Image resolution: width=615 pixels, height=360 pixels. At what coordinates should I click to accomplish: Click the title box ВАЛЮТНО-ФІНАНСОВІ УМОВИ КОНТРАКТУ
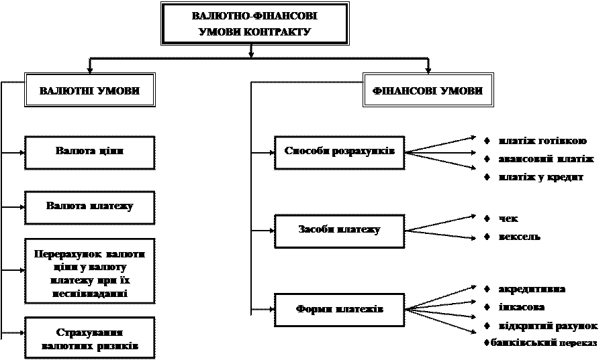(255, 23)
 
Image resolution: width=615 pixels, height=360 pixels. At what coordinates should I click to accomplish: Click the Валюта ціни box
(89, 152)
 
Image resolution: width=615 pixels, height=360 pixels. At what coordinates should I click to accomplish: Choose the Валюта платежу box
(89, 206)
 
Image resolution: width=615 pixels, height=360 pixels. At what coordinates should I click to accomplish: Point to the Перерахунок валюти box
(89, 270)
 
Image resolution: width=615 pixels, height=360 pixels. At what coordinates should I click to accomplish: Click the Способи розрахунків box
(339, 152)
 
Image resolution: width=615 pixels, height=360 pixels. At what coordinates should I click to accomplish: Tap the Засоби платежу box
(339, 230)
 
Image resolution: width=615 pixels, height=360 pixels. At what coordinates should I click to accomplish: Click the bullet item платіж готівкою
(542, 141)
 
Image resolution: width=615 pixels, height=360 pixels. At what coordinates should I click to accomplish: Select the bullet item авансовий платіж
(546, 159)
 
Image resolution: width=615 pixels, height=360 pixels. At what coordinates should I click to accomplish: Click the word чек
(509, 219)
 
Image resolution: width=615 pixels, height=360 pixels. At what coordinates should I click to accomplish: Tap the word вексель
(520, 237)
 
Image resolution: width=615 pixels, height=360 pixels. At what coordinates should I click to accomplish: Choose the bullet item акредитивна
(532, 289)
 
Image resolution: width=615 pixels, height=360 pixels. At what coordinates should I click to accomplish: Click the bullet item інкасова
(521, 307)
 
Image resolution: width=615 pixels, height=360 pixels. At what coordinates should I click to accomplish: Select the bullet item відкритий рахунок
(548, 326)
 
